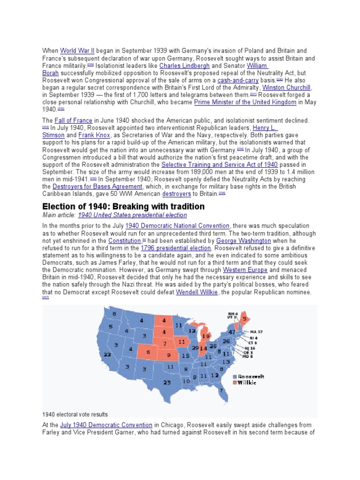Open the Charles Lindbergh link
click(184, 66)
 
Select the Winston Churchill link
click(287, 88)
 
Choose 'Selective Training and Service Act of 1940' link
click(219, 165)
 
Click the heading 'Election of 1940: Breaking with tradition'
click(124, 206)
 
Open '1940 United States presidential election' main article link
click(132, 215)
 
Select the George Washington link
click(243, 240)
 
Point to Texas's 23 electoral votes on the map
click(167, 382)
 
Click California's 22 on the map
click(107, 355)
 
